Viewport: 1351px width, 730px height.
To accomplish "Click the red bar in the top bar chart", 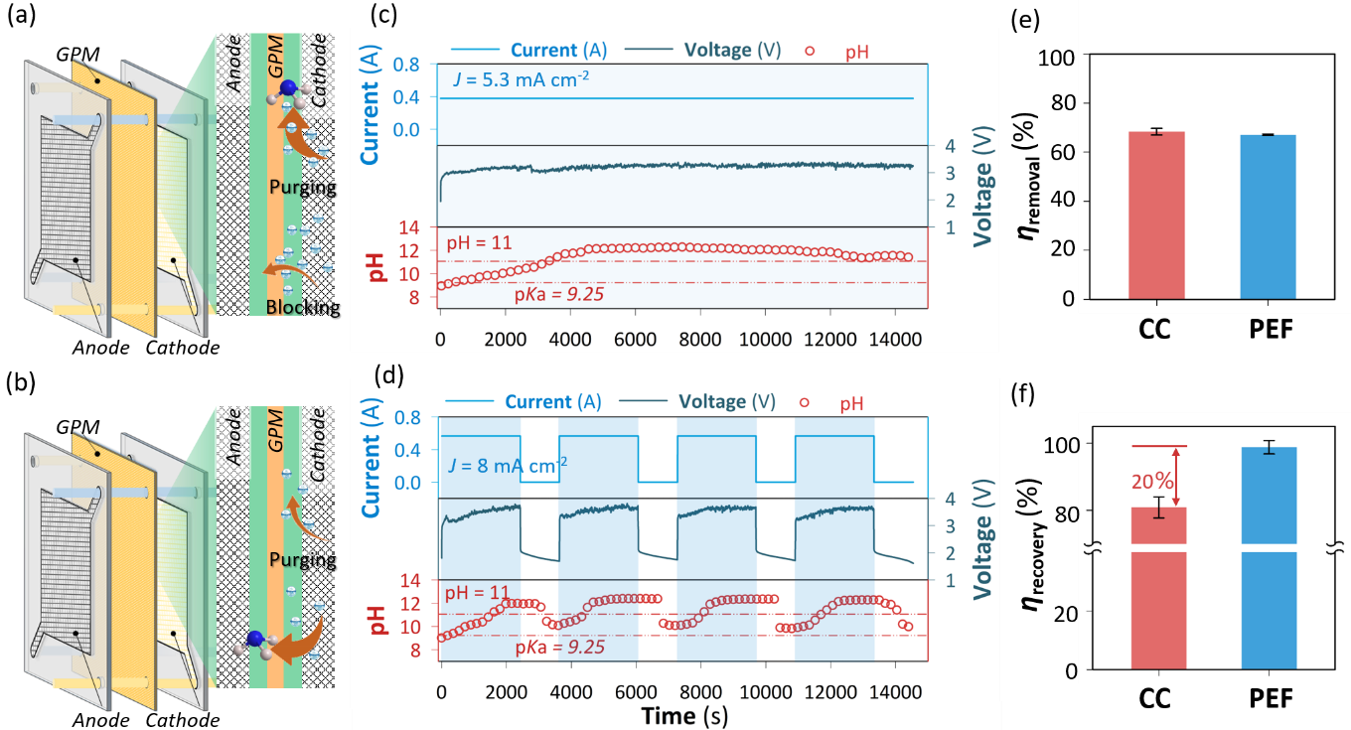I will point(1157,214).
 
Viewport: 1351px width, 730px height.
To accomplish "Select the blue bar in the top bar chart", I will point(1269,216).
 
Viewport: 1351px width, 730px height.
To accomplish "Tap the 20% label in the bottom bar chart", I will point(1151,481).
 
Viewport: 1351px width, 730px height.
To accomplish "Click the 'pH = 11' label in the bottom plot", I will point(478,593).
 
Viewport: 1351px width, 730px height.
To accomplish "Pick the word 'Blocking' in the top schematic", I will point(298,308).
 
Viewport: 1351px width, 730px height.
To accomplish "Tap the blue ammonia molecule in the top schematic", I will point(288,89).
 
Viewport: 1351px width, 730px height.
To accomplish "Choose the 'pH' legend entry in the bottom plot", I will point(852,403).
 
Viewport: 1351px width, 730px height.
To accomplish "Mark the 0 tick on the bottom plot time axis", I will point(442,689).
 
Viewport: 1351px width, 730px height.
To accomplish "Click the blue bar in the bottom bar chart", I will point(1269,556).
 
